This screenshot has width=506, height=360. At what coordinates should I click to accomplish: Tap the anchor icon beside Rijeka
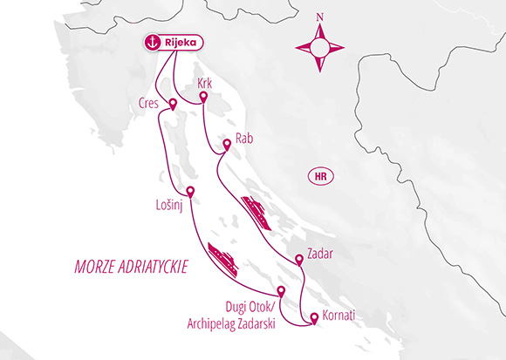pyautogui.click(x=154, y=42)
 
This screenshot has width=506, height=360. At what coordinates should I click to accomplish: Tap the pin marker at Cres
pyautogui.click(x=172, y=105)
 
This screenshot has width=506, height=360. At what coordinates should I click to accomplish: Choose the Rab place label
pyautogui.click(x=245, y=138)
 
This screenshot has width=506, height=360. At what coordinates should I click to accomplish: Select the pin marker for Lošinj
pyautogui.click(x=190, y=193)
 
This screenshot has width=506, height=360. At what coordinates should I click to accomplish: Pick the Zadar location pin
pyautogui.click(x=300, y=258)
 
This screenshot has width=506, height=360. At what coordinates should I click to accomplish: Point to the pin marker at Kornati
pyautogui.click(x=315, y=318)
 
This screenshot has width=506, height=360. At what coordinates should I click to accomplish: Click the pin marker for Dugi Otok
pyautogui.click(x=281, y=292)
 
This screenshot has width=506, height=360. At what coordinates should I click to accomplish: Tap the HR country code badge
pyautogui.click(x=321, y=177)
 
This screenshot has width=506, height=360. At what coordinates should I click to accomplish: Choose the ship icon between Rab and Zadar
pyautogui.click(x=257, y=212)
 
